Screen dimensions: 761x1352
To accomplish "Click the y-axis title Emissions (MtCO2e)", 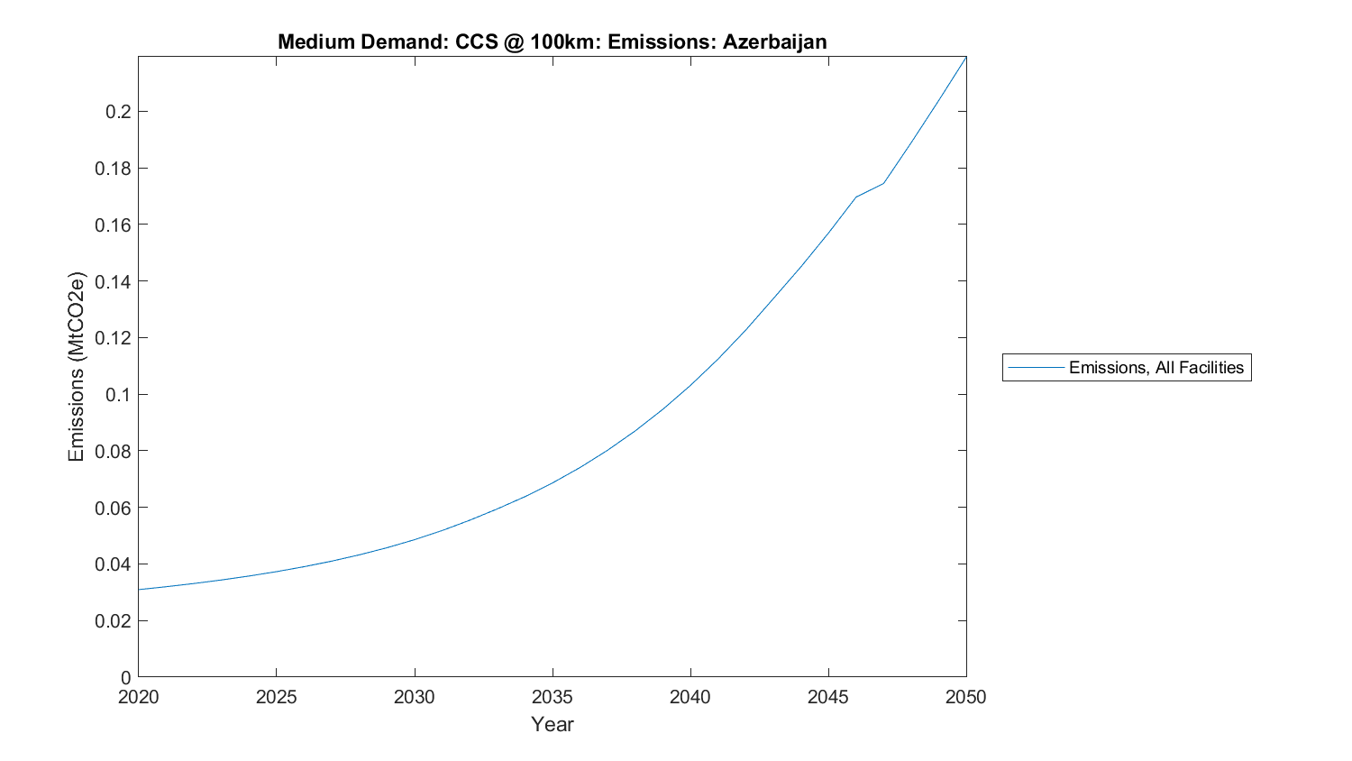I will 76,366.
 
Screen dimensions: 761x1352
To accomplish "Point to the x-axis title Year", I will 552,724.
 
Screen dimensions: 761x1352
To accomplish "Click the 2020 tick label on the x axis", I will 138,697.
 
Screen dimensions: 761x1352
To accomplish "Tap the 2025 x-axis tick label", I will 276,697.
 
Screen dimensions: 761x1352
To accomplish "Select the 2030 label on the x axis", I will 414,697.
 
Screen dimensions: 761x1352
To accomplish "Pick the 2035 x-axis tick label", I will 552,697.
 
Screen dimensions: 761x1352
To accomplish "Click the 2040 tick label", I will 690,697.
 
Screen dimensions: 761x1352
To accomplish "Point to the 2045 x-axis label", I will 827,697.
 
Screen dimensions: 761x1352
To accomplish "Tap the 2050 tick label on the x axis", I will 965,697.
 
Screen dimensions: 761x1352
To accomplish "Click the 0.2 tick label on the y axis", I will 118,112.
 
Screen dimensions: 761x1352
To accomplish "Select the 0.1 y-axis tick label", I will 118,395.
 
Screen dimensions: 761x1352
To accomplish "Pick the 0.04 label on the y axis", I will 113,564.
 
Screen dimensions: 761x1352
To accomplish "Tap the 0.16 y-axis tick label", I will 113,225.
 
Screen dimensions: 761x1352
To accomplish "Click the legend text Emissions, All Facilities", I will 1156,367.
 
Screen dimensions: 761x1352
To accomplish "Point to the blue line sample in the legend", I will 1036,367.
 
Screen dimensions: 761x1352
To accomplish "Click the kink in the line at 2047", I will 883,183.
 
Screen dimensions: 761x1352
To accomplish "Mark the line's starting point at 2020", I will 139,590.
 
